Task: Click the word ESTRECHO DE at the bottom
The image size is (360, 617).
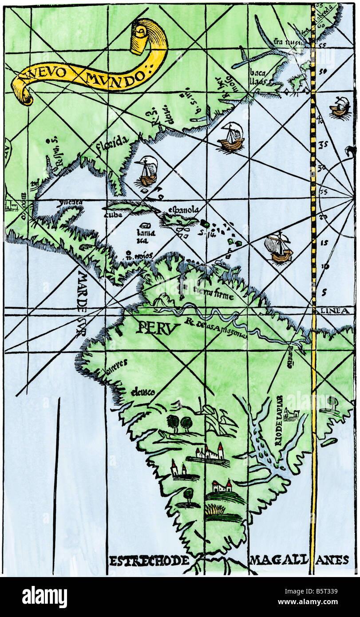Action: click(149, 560)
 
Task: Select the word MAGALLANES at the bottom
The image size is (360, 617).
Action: click(299, 560)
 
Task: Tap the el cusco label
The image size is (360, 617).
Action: click(143, 392)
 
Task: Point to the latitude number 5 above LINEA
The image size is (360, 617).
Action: click(324, 292)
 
